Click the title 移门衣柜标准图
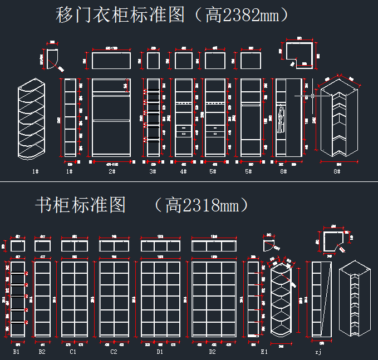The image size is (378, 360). tap(120, 15)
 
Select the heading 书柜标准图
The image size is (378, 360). tap(80, 205)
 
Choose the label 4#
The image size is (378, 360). tap(183, 171)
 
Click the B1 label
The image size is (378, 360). tap(17, 352)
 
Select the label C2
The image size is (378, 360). tap(114, 352)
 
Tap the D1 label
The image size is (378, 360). tap(160, 352)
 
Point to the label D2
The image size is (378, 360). tap(212, 352)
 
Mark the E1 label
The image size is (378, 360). tap(264, 352)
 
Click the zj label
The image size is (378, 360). tap(318, 352)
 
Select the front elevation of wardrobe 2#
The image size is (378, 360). tap(111, 118)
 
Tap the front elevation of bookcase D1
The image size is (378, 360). tap(160, 299)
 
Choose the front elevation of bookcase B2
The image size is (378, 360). tap(42, 299)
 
